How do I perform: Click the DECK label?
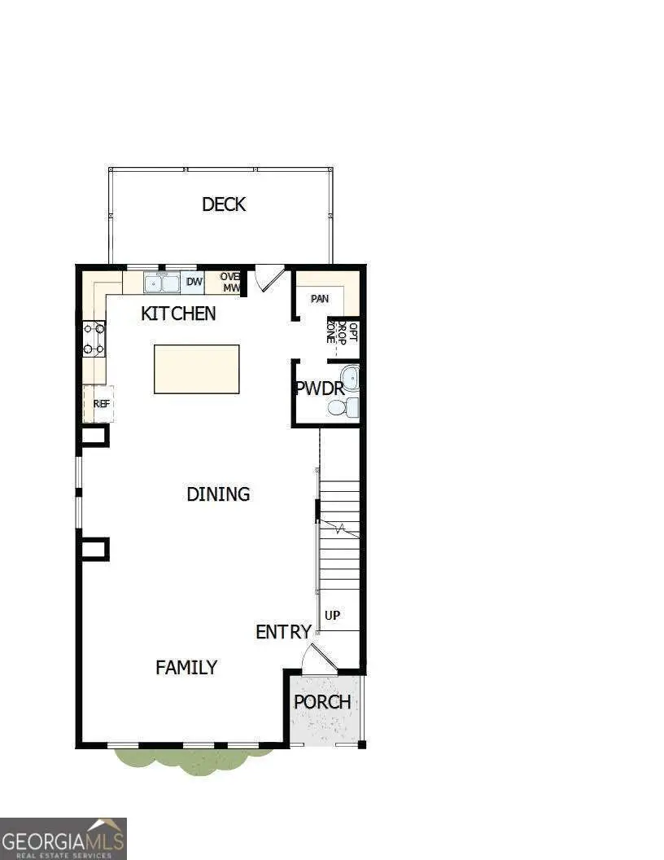(224, 204)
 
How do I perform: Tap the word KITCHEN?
(178, 314)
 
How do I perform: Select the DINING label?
(218, 494)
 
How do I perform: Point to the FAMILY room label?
(186, 668)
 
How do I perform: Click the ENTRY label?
(283, 632)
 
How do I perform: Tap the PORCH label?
(322, 702)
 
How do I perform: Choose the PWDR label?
(319, 388)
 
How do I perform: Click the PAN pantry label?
(320, 299)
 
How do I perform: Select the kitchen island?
(197, 369)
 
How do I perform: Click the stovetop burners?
(94, 339)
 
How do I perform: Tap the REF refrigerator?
(101, 403)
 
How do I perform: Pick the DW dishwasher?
(194, 283)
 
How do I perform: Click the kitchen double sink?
(163, 283)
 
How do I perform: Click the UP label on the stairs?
(332, 616)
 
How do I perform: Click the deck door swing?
(268, 278)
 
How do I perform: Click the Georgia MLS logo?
(63, 838)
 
